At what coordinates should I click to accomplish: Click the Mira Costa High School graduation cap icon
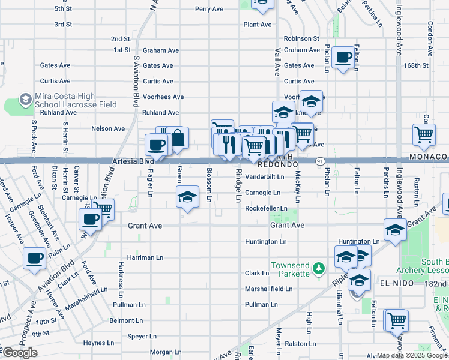[x=26, y=98]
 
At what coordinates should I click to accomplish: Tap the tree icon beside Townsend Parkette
[x=320, y=266]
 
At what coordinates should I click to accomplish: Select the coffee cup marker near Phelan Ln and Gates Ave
[x=343, y=58]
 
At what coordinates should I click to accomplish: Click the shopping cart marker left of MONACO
[x=424, y=134]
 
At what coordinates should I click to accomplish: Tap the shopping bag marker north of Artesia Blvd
[x=178, y=138]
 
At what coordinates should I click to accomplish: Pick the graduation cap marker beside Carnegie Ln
[x=187, y=197]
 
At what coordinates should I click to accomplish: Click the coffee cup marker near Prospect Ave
[x=34, y=259]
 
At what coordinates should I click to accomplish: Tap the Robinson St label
[x=301, y=38]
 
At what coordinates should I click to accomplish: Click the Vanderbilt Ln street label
[x=264, y=177]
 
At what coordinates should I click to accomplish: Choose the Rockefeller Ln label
[x=266, y=208]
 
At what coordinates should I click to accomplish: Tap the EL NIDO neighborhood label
[x=397, y=283]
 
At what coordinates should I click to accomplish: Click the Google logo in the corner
[x=20, y=353]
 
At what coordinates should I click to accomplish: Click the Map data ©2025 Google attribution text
[x=411, y=356]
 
